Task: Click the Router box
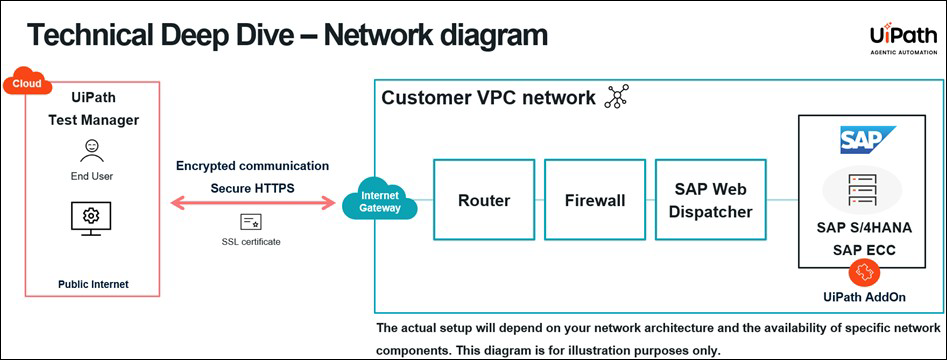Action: coord(484,200)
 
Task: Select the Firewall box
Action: coord(595,200)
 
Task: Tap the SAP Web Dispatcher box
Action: coord(710,200)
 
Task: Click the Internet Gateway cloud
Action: coord(379,201)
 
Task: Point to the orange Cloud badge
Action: coord(28,83)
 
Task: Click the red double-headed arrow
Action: coord(252,204)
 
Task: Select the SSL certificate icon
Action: coord(251,222)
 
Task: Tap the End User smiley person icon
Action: coord(92,150)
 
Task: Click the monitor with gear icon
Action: coord(91,216)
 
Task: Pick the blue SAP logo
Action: coord(867,139)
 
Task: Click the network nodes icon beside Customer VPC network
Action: coord(616,97)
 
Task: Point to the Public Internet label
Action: coord(92,285)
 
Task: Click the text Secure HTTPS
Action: coord(252,187)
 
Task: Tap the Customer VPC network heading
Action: coord(488,98)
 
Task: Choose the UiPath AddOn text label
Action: coord(865,297)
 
